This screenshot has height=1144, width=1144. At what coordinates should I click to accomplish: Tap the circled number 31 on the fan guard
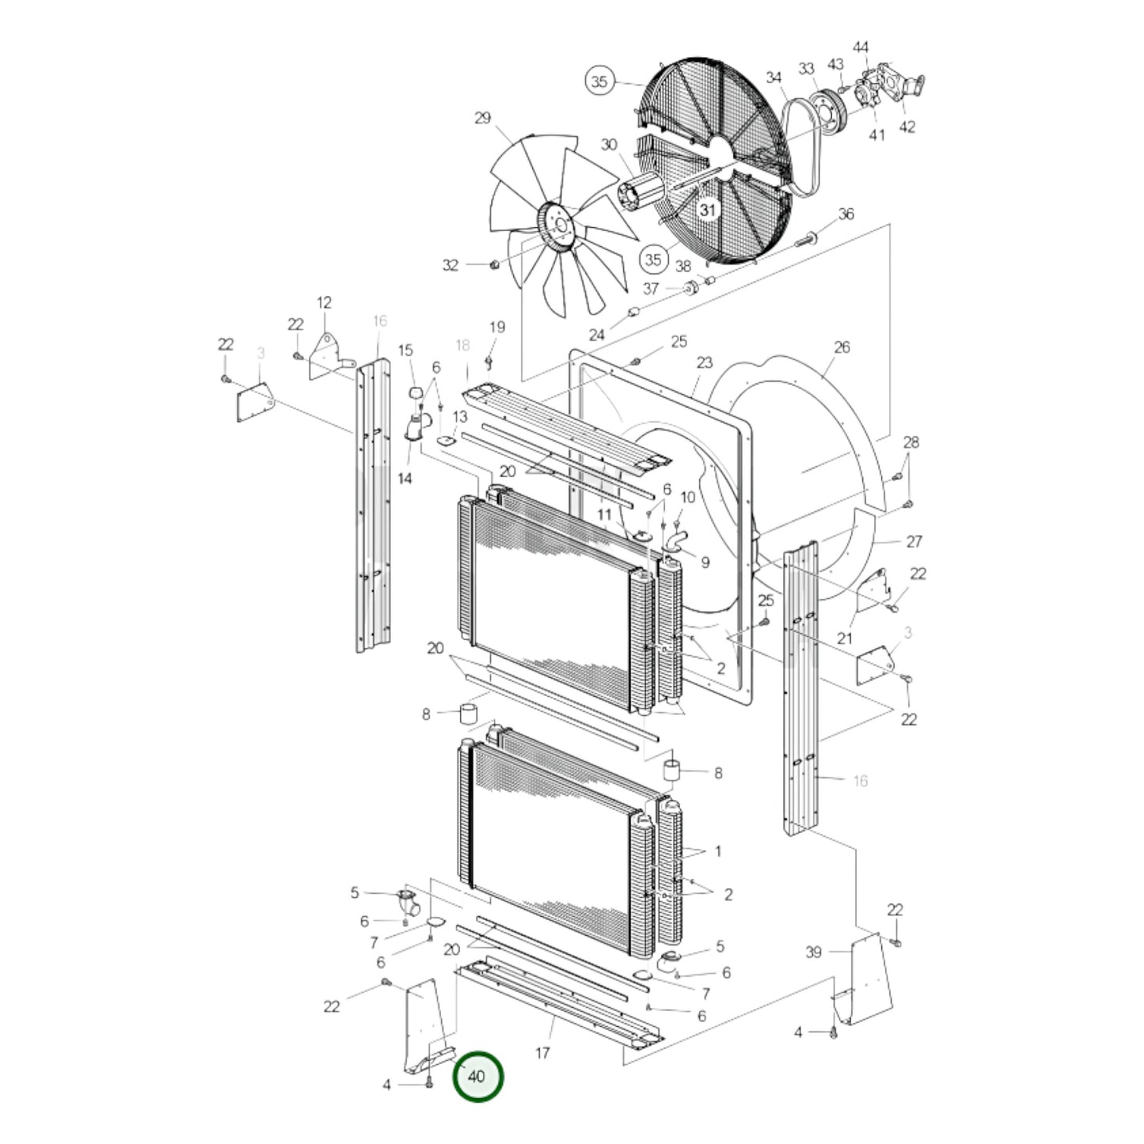click(707, 210)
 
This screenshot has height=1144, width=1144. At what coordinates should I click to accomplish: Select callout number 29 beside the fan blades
click(483, 118)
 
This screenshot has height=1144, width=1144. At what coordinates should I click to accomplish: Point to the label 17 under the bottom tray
click(542, 1053)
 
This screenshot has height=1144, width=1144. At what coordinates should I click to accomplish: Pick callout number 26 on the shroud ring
click(842, 348)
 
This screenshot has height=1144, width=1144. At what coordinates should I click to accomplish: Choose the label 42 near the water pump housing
click(907, 127)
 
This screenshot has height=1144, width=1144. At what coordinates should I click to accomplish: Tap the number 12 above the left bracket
click(324, 302)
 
